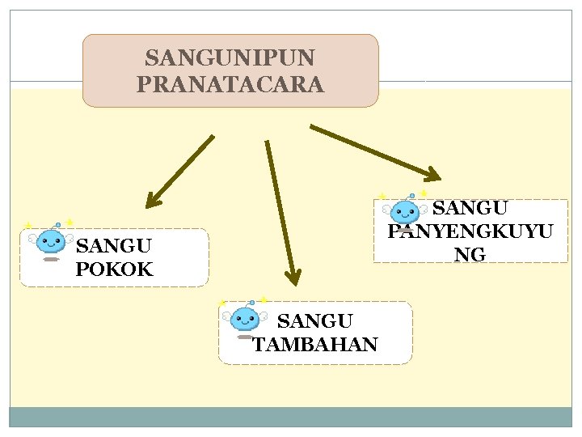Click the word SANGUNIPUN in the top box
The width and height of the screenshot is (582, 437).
230,58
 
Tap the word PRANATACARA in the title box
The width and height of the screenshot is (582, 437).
230,84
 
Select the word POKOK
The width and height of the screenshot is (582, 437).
114,269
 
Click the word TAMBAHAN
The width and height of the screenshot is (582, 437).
315,345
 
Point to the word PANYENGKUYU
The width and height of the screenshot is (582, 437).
470,231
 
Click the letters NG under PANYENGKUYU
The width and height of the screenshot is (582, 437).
470,255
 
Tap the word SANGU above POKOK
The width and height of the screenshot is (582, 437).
113,245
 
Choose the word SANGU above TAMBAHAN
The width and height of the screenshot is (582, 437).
315,322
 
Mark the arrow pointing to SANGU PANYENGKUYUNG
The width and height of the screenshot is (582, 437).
375,151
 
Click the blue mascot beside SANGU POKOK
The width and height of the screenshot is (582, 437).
52,241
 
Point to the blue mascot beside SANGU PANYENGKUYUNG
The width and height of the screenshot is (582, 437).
404,213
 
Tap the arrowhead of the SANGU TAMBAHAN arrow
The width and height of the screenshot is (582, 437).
293,276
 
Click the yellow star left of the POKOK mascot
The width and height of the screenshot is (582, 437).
27,226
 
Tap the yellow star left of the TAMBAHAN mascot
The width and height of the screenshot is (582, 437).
221,303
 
